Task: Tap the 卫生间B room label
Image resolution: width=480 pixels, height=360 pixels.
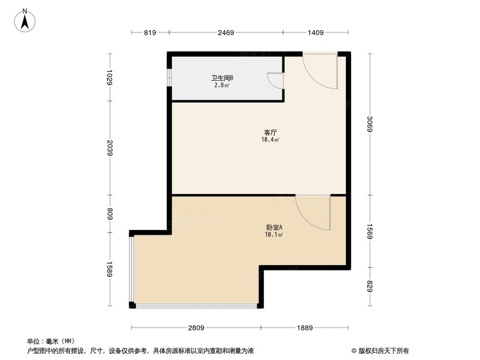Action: [222, 78]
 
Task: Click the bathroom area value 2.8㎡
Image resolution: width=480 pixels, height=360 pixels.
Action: [222, 85]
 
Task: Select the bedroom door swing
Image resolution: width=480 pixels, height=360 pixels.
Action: [313, 212]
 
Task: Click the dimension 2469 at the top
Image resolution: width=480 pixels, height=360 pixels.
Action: [226, 33]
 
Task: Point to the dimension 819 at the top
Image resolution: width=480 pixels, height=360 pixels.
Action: [150, 33]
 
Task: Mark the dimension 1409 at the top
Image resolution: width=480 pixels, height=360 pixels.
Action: [315, 33]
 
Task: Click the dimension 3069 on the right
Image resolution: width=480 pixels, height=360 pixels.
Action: [370, 124]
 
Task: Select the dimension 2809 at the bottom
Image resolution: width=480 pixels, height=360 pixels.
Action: [196, 328]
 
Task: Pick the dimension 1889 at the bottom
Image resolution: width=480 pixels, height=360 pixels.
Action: [305, 328]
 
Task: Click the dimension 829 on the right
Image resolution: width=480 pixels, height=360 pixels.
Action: [370, 287]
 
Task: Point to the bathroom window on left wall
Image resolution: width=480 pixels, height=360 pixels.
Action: [168, 77]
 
